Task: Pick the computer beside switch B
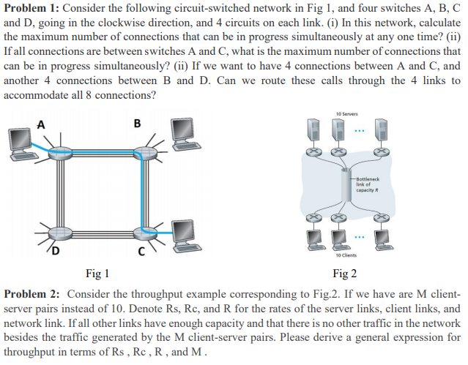183,132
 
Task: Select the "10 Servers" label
346,115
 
